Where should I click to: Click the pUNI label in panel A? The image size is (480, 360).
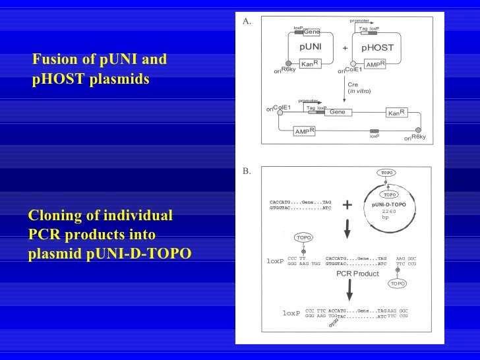pos(311,47)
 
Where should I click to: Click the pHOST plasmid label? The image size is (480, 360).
pos(378,47)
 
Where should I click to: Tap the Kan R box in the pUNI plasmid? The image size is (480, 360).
pos(310,64)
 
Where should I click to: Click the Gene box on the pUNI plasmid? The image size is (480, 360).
pos(311,32)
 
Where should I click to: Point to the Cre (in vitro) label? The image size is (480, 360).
pos(359,87)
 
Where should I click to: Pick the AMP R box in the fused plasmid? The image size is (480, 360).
pos(304,131)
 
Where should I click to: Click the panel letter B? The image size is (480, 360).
pos(247,171)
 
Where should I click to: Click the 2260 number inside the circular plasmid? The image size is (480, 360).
pos(389,212)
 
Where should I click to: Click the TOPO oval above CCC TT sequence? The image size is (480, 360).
pos(304,237)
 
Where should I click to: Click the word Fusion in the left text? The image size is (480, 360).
pos(52,61)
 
